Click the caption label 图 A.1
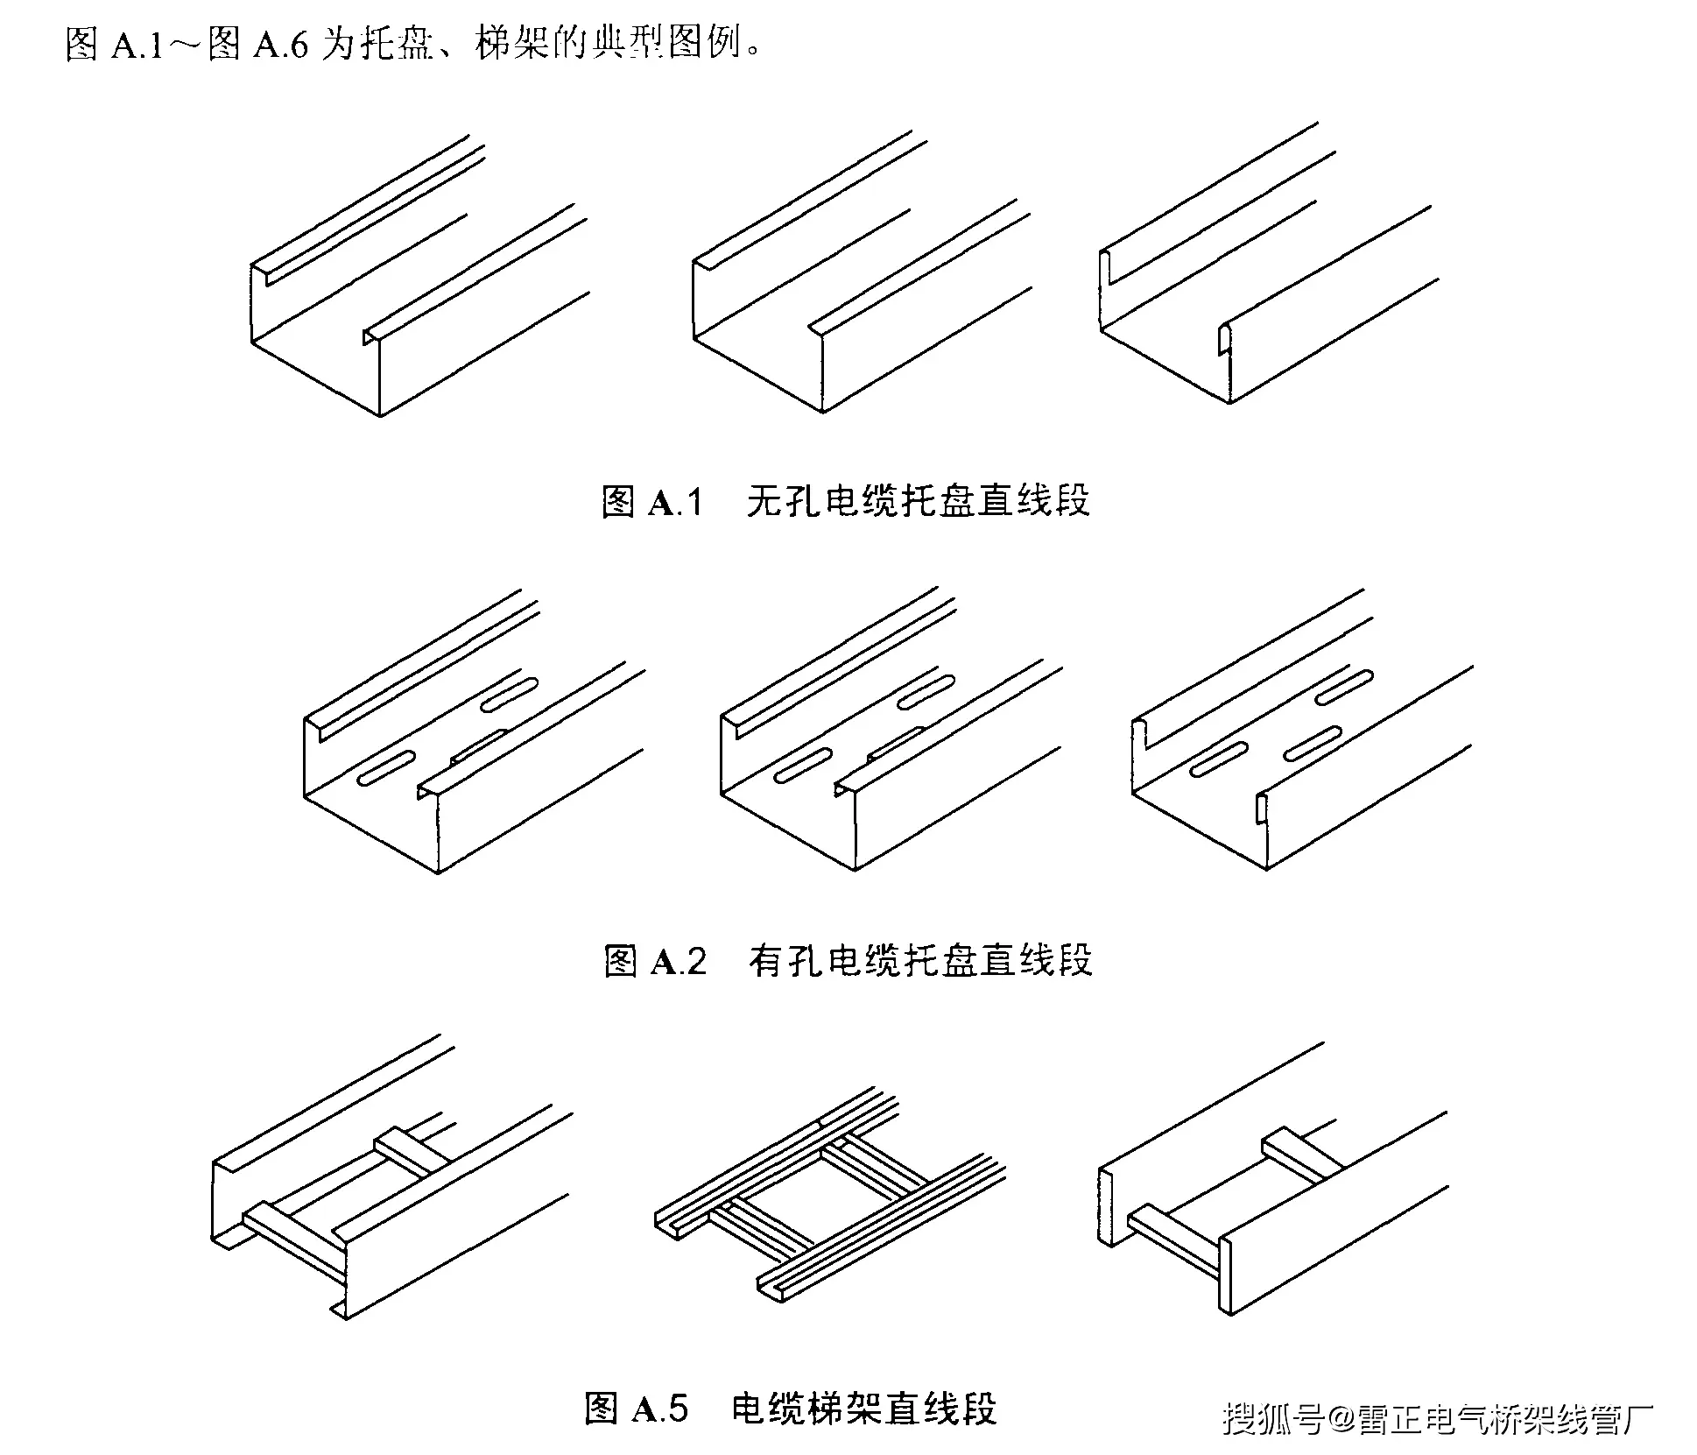(652, 502)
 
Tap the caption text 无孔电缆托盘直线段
(918, 501)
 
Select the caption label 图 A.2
(654, 961)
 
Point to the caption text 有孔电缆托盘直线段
(920, 960)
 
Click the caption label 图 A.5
(636, 1409)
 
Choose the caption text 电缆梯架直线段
(863, 1409)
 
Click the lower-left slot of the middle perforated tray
(802, 765)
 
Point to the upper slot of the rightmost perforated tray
(1344, 688)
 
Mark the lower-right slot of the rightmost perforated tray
(1313, 743)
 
